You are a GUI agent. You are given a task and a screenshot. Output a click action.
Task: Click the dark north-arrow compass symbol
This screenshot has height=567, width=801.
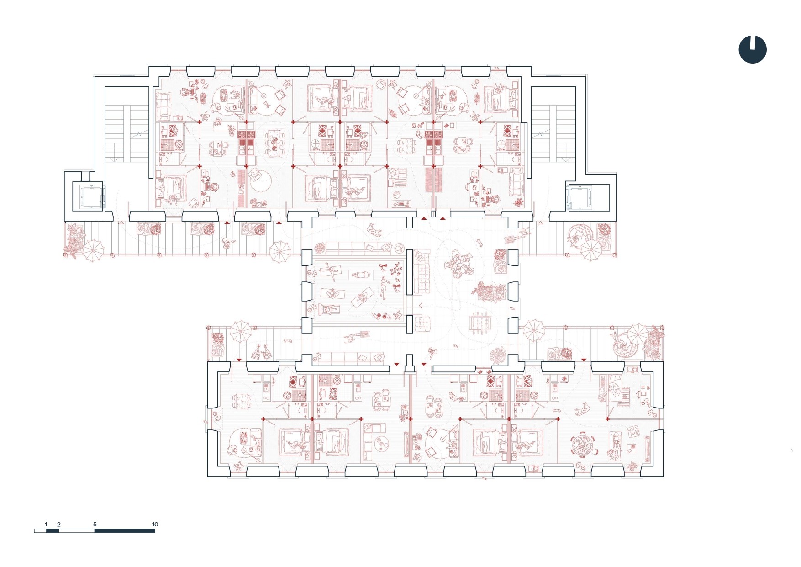753,49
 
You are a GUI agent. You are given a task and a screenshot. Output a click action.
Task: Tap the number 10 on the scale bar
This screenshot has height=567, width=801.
155,524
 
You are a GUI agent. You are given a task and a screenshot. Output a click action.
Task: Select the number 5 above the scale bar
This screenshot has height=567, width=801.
95,524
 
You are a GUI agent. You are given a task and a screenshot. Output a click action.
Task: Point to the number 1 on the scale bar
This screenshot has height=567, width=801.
46,524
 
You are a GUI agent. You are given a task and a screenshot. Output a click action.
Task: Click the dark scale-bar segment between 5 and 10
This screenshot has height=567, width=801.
125,530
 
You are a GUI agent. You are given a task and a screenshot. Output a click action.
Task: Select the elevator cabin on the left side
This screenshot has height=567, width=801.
88,196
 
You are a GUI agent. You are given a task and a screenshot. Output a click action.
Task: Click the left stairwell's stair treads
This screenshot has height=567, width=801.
127,132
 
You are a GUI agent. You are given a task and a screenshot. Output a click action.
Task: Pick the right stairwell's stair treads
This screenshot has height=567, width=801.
553,132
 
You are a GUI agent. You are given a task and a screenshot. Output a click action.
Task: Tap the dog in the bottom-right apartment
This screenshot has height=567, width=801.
582,410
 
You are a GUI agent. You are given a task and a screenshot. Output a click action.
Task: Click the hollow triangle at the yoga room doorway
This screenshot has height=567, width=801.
421,305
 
